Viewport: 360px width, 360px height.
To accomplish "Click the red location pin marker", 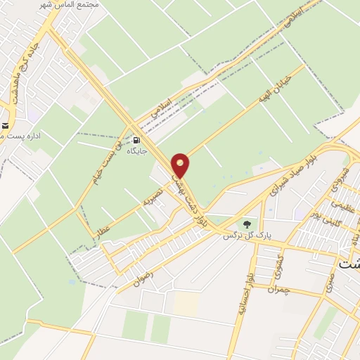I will click(x=181, y=165).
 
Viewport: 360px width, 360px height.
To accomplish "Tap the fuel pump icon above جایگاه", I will click(x=136, y=139).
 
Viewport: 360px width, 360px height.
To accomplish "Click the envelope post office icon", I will click(x=5, y=127).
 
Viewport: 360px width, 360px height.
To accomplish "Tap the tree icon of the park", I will click(x=246, y=224).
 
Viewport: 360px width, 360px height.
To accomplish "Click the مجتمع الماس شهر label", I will click(x=70, y=5).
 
